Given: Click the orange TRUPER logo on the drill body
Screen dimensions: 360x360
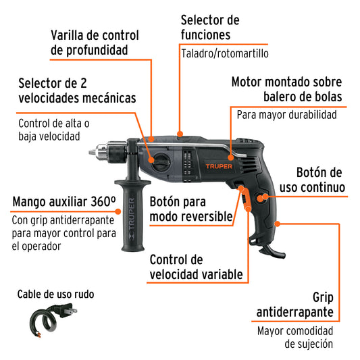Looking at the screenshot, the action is tap(219, 166).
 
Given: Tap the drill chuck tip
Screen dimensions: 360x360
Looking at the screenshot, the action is tap(91, 152).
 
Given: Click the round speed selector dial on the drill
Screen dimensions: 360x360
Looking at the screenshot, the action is tap(161, 162).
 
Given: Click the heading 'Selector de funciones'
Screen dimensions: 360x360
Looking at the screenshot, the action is tap(210, 27).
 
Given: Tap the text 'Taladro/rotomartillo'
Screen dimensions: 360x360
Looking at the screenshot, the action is tap(225, 54).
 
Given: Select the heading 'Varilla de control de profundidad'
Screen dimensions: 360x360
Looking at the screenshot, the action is tap(95, 43).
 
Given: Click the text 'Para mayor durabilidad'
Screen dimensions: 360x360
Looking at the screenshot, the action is tap(287, 115).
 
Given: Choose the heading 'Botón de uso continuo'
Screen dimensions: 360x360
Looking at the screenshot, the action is tap(312, 180).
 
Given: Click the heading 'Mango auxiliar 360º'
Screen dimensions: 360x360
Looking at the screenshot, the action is tap(64, 201).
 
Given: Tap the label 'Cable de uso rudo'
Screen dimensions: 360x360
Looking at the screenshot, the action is tap(55, 294).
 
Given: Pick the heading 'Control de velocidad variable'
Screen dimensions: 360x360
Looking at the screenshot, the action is tap(196, 267).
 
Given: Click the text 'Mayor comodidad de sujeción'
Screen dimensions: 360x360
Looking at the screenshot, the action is tap(295, 338).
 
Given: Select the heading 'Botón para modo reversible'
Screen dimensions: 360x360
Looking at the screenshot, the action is tap(191, 209).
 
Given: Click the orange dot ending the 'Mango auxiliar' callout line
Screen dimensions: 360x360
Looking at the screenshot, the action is tap(118, 211).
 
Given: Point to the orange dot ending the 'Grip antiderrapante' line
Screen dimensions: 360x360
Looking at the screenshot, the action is tap(278, 224).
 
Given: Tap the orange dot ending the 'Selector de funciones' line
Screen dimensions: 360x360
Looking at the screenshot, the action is tap(180, 134).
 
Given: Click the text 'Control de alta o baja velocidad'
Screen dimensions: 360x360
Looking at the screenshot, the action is tap(54, 130).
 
